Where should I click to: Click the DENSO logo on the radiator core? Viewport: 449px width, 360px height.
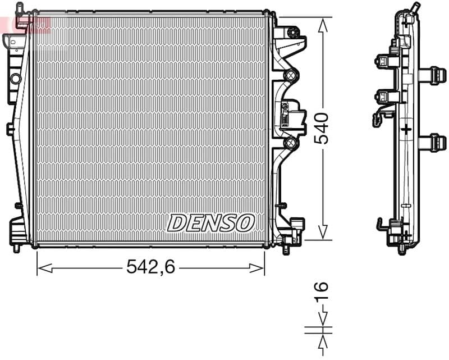(x=210, y=223)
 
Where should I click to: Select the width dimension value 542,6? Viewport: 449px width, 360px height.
(x=150, y=267)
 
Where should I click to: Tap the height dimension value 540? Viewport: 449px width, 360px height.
(x=321, y=129)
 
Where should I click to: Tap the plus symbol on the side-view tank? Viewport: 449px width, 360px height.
(x=406, y=129)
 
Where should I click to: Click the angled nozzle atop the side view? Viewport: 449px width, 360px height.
(x=415, y=8)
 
